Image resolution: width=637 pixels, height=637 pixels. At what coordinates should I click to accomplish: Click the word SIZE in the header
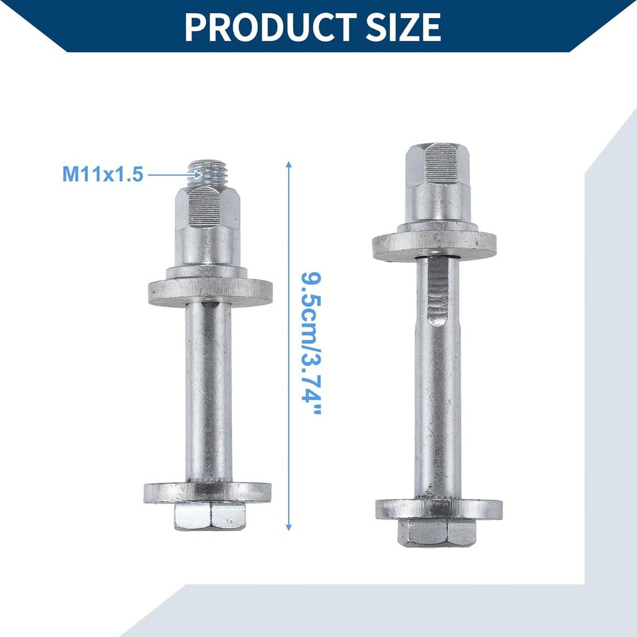pos(403,27)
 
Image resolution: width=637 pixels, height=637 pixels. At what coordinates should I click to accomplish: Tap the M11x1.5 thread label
pos(103,174)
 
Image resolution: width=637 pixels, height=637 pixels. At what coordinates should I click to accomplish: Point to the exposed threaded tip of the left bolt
pos(208,174)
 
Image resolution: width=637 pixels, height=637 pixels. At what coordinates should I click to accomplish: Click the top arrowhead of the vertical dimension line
pos(289,164)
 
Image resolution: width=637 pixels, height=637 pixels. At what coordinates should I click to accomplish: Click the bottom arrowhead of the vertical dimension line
pos(289,527)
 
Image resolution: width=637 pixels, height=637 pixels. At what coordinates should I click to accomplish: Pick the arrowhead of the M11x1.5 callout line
pos(198,175)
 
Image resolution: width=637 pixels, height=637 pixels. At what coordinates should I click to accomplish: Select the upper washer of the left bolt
pos(210,292)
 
